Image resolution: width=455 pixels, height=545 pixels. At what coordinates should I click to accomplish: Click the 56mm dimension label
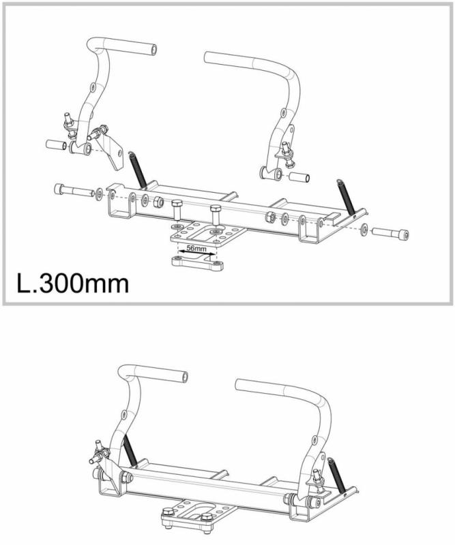[196, 249]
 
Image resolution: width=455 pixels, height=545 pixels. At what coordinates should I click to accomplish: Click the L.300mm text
[73, 283]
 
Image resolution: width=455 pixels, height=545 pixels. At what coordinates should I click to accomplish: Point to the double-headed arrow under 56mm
[196, 254]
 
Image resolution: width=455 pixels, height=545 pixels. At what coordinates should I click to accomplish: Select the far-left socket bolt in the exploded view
[74, 191]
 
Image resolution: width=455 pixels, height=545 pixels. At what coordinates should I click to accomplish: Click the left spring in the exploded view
[137, 170]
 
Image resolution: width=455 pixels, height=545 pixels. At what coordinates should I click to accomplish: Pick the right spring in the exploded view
[345, 196]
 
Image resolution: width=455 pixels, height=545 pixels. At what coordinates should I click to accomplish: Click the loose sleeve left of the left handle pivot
[57, 144]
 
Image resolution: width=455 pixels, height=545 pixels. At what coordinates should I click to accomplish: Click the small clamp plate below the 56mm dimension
[197, 262]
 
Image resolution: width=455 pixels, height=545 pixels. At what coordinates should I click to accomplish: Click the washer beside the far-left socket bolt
[99, 194]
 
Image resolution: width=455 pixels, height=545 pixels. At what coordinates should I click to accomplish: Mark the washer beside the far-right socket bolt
[364, 230]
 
